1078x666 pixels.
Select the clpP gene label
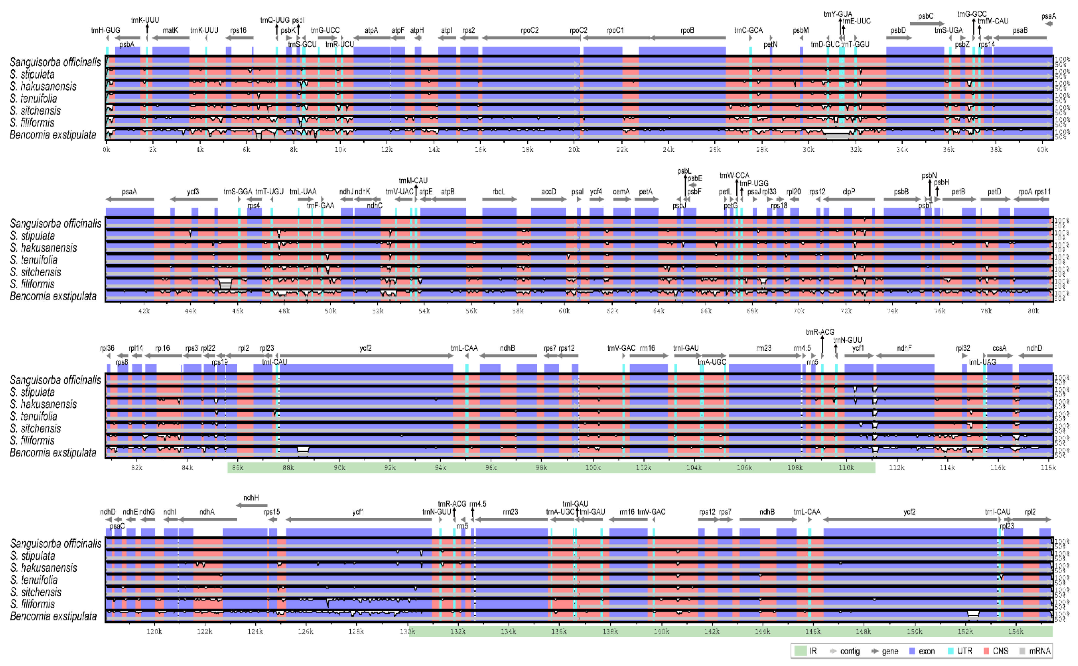pyautogui.click(x=848, y=192)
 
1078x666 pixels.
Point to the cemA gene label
pyautogui.click(x=621, y=192)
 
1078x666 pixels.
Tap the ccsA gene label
pyautogui.click(x=999, y=348)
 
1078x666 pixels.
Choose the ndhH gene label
pyautogui.click(x=251, y=498)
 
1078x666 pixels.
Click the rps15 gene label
pyautogui.click(x=272, y=512)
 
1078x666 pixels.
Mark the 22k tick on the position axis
pyautogui.click(x=622, y=150)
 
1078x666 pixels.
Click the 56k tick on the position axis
pyautogui.click(x=471, y=311)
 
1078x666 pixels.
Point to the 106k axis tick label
pyautogui.click(x=744, y=467)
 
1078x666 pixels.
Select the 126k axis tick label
pyautogui.click(x=305, y=631)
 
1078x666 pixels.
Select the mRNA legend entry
pyautogui.click(x=1035, y=651)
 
